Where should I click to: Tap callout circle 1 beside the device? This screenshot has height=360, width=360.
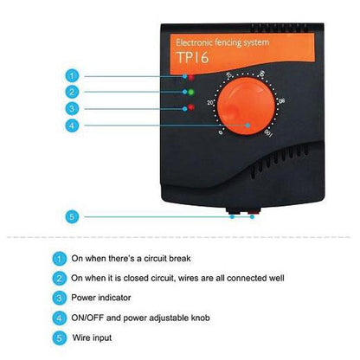coord(74,75)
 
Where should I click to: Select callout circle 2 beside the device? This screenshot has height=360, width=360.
coord(74,91)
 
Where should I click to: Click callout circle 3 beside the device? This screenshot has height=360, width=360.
coord(74,107)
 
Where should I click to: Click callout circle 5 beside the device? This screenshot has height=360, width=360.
coord(74,217)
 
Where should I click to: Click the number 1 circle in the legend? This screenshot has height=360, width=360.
coord(59,258)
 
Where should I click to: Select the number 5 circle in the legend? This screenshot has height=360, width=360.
coord(59,337)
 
